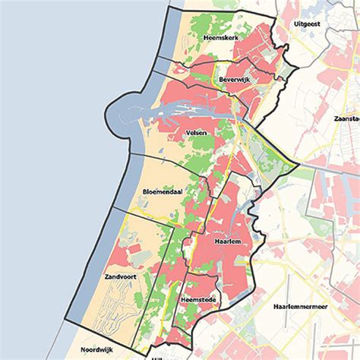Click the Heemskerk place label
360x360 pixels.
pos(222,37)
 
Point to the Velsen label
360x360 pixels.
pos(197,132)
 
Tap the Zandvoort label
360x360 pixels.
pos(121,278)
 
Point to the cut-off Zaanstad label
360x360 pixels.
pos(346,119)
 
